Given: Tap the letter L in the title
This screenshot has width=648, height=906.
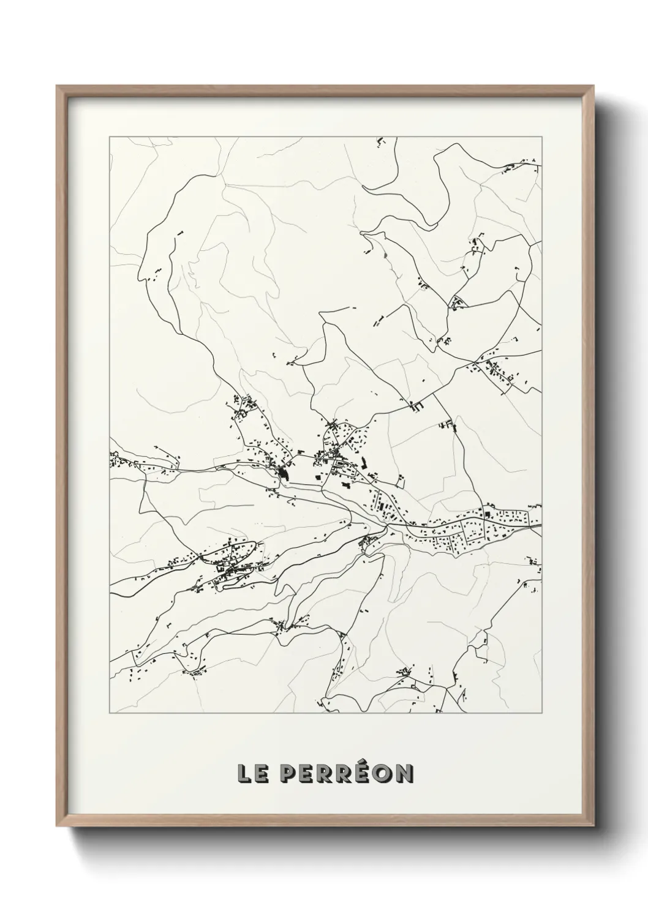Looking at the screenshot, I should pos(244,774).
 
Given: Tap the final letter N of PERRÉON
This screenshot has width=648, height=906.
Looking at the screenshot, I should pos(405,774).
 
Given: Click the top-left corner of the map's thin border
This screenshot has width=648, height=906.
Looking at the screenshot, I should pos(110,137).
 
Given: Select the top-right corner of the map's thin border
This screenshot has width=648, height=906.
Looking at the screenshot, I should pos(542,137).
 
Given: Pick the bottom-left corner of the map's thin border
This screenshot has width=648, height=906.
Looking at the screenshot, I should pos(110,713).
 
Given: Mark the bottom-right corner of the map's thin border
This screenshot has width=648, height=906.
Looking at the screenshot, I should pos(542,713).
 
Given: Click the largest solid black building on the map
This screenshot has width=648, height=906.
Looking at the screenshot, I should pos(284,473).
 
